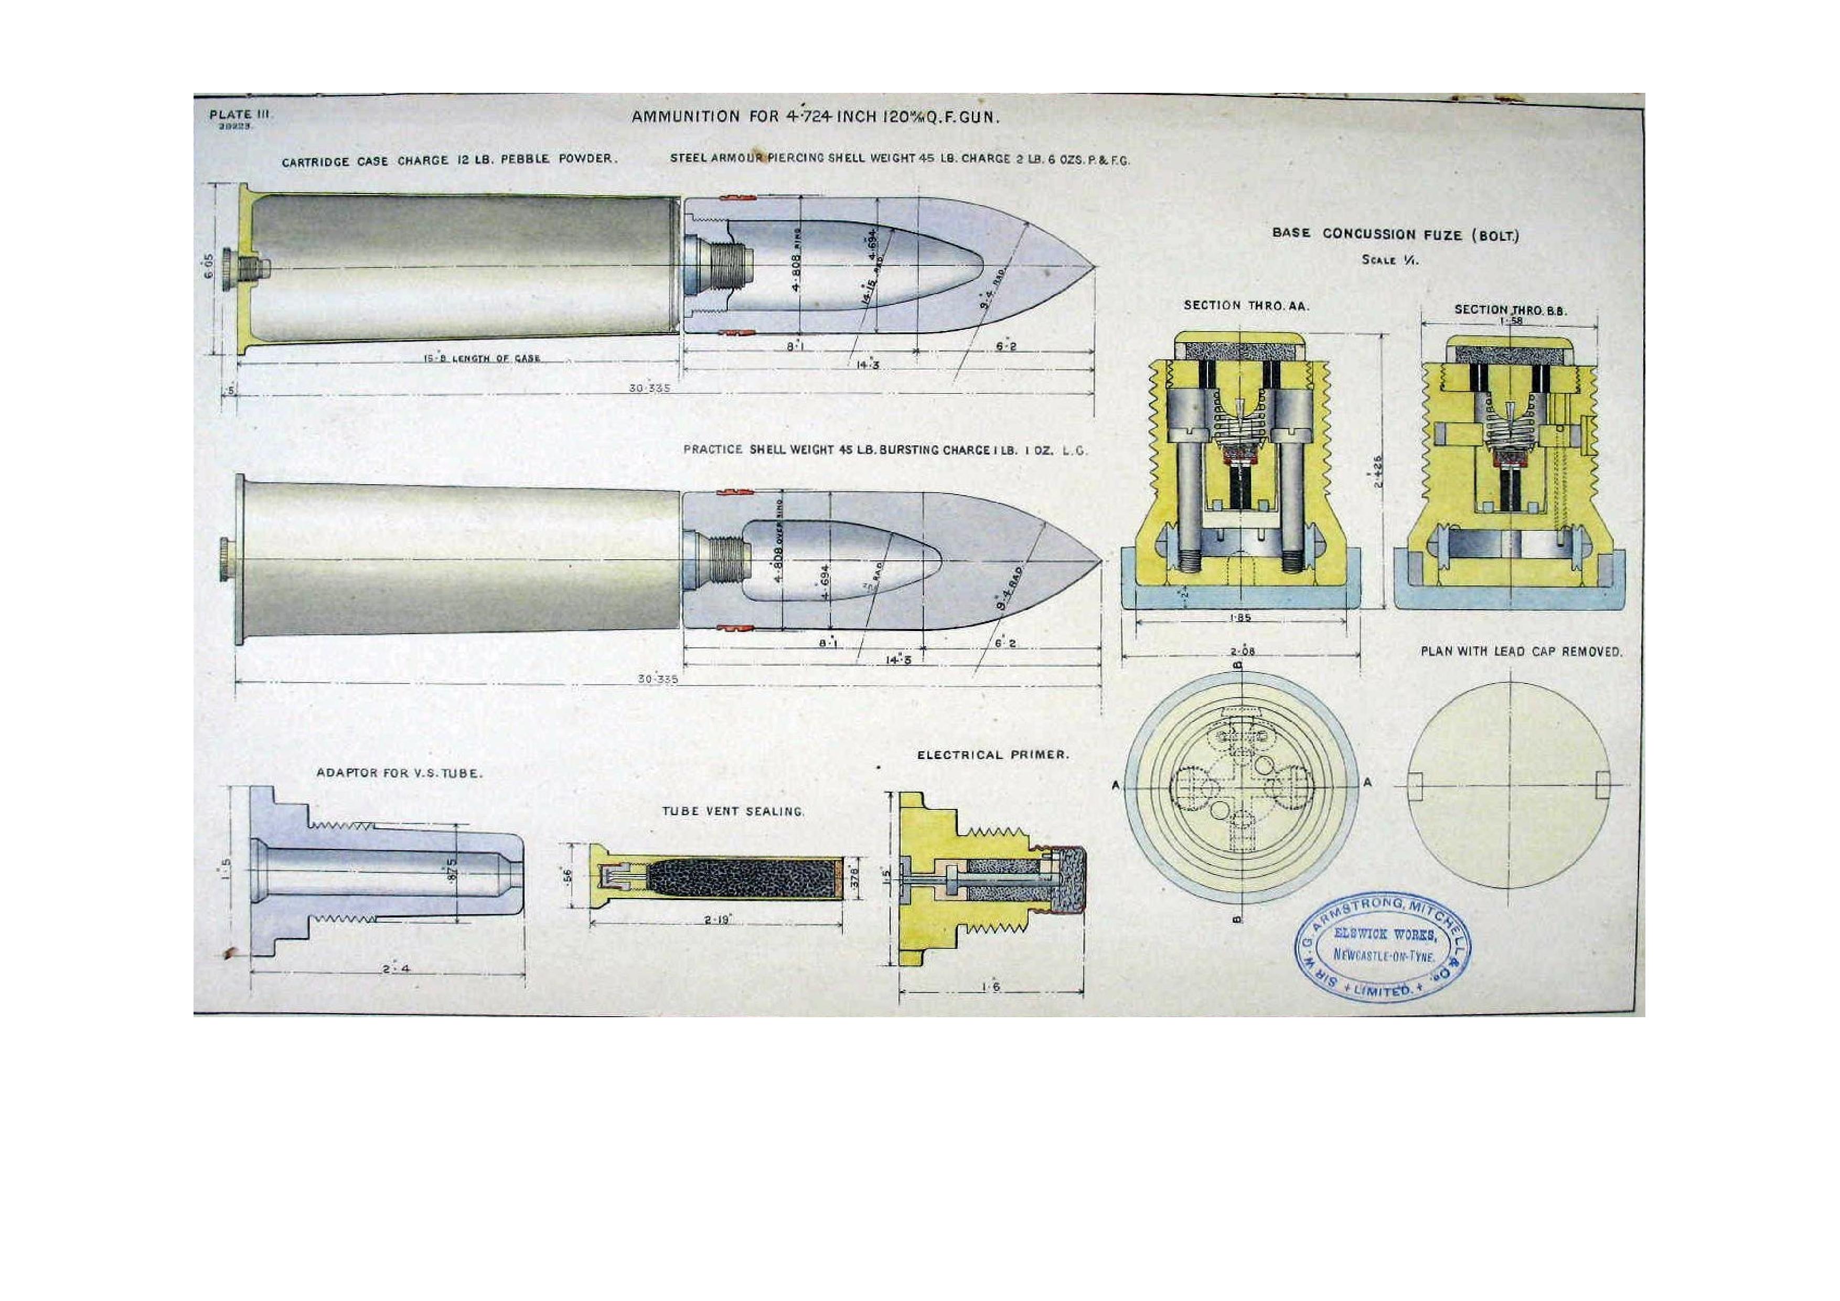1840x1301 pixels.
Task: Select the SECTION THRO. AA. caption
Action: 1246,305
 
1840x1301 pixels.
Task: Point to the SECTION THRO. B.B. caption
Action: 1511,310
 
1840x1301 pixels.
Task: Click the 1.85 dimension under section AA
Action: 1240,618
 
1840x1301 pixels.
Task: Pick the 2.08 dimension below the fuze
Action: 1242,652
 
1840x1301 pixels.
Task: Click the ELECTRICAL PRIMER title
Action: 993,754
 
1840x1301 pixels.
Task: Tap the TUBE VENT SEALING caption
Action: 732,811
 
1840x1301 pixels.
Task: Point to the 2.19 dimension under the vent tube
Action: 716,920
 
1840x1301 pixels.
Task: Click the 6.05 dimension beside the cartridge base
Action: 210,266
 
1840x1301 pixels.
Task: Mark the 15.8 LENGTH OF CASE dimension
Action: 482,358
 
